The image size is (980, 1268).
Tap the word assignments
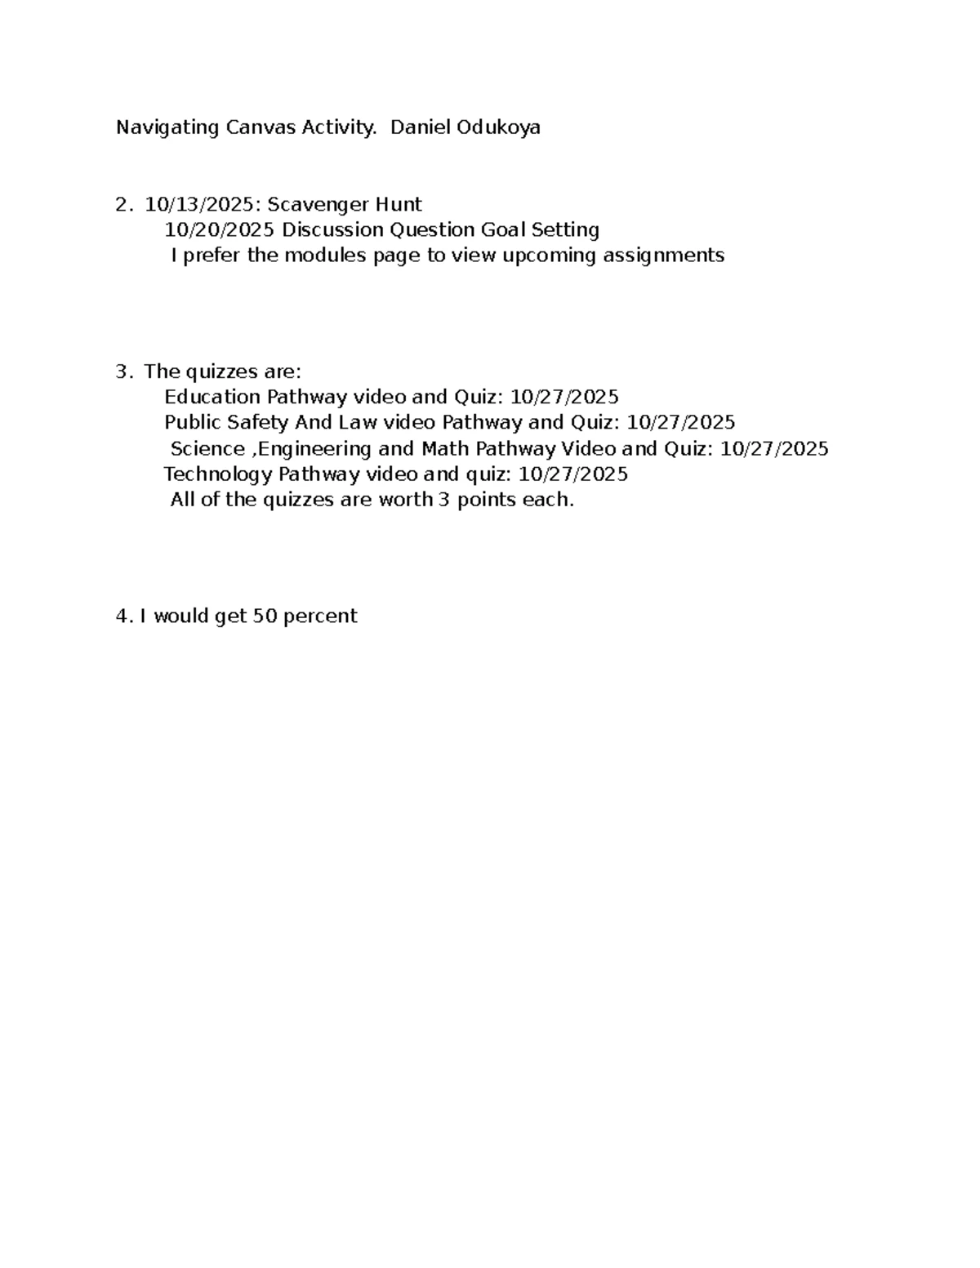[663, 256]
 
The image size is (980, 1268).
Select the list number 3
[122, 372]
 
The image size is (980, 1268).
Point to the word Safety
[256, 423]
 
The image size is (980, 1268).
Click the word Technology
[217, 474]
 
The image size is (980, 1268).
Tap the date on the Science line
[774, 449]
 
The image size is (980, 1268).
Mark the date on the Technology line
[573, 474]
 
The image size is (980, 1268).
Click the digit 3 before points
[443, 500]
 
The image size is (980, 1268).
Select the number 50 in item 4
[265, 616]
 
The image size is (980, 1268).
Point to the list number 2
[122, 204]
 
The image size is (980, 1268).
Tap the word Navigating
[167, 128]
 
